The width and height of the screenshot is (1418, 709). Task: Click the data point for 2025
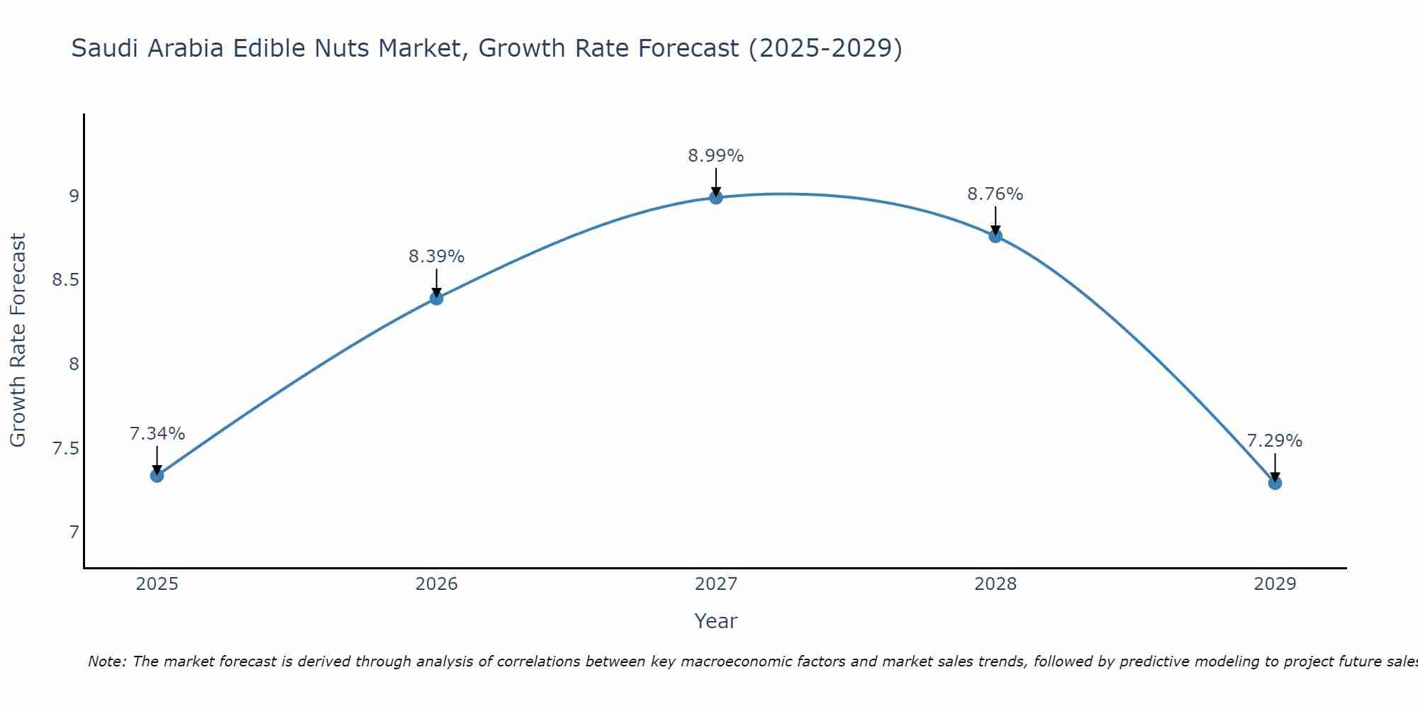coord(157,475)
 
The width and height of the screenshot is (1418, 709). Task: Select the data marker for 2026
coord(436,298)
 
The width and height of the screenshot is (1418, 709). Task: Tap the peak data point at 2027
coord(715,197)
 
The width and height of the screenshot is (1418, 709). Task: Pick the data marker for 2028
coord(995,236)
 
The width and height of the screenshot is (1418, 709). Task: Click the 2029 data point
coord(1274,483)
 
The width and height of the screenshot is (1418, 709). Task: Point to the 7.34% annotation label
coord(157,434)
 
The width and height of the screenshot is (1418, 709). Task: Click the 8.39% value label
coord(436,257)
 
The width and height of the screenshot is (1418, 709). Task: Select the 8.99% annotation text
coord(715,156)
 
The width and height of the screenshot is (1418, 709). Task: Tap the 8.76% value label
coord(995,194)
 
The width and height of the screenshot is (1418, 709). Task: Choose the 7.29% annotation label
coord(1274,441)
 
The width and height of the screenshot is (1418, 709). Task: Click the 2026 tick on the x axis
coord(436,584)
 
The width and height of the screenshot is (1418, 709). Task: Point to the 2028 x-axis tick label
coord(995,584)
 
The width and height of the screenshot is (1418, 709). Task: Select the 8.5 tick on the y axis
coord(65,280)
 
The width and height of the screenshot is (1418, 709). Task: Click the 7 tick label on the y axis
coord(74,532)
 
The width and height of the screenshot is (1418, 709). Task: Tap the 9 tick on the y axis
coord(74,196)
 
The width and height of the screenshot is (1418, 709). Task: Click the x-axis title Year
coord(715,621)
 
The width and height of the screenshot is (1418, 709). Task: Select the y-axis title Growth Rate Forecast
coord(18,340)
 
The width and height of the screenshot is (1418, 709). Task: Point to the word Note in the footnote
coord(106,661)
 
